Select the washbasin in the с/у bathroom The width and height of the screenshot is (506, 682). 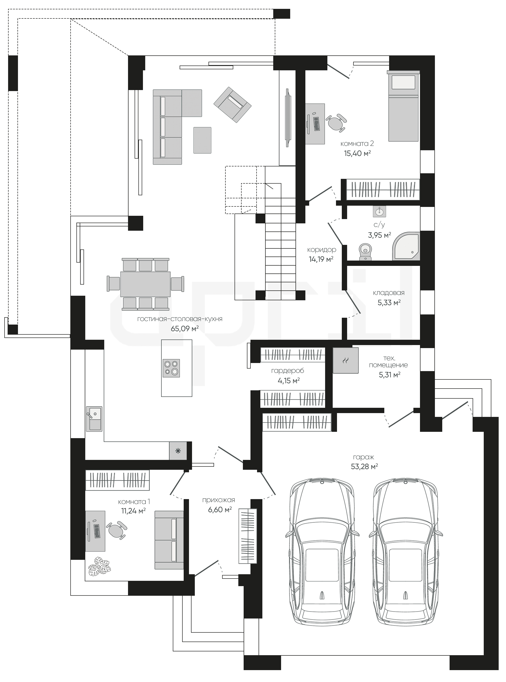[x=379, y=211]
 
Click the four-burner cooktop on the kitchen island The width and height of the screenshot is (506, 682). [x=171, y=368]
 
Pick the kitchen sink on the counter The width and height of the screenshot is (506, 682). [x=94, y=419]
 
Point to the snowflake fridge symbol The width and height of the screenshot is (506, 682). [x=178, y=451]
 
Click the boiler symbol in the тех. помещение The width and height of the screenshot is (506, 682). [x=346, y=360]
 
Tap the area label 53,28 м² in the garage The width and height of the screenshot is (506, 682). [x=364, y=466]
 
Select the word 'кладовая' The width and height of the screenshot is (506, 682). [x=389, y=293]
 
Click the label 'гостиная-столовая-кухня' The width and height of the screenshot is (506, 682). [x=180, y=319]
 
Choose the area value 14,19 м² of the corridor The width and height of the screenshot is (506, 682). [x=321, y=259]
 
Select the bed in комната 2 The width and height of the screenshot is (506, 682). [x=403, y=106]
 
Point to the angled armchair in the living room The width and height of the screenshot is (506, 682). [x=233, y=105]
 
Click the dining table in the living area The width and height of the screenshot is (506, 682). [x=145, y=284]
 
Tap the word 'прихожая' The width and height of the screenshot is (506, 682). [x=218, y=500]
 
